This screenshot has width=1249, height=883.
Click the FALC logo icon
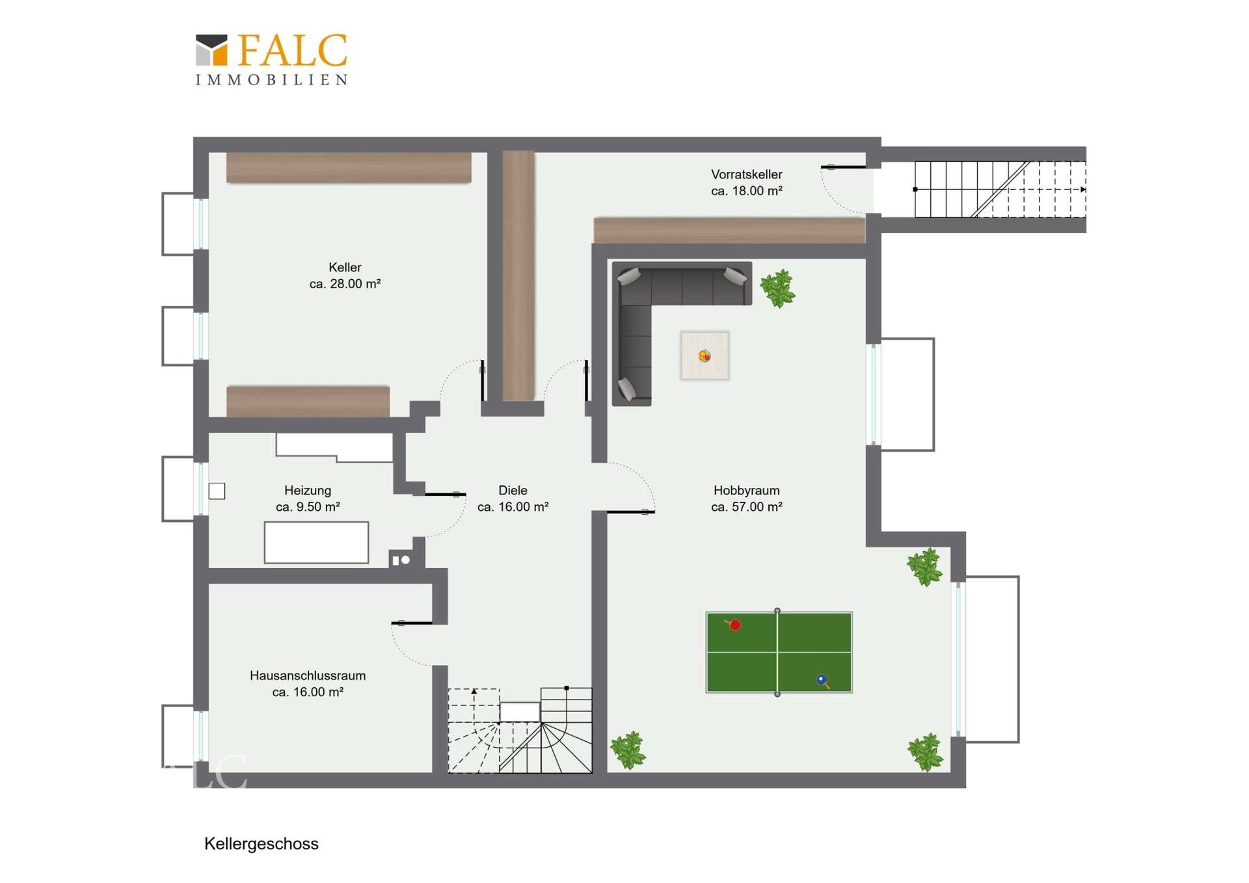coord(211,50)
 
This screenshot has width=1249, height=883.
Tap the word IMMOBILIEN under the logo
coord(272,80)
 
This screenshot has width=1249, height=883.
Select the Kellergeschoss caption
coord(262,844)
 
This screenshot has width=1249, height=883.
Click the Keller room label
coord(345,267)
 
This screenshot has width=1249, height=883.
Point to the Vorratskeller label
coord(747,174)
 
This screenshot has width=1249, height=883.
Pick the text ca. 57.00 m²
coord(747,507)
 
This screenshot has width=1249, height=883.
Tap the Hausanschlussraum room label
coord(308,675)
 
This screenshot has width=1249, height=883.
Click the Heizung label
coord(308,491)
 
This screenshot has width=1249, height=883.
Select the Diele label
coord(513,491)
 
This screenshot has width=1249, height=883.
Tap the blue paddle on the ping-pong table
coord(822,681)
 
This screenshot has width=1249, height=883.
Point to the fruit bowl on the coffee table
coord(705,356)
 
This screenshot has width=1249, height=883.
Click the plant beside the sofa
coord(777,288)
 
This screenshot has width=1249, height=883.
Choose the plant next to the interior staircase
coord(628,750)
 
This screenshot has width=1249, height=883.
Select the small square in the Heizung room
coord(217,491)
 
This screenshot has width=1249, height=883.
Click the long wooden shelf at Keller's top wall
coord(349,168)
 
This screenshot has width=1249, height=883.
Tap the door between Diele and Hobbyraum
coord(630,512)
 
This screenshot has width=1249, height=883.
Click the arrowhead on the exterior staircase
coord(1083,189)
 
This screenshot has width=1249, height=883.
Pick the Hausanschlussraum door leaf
coord(412,623)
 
